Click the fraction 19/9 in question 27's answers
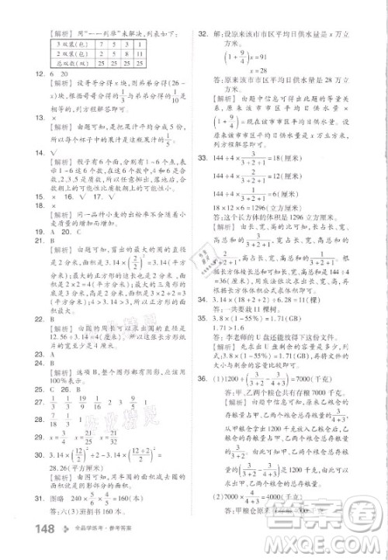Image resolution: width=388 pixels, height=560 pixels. coord(81,403)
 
